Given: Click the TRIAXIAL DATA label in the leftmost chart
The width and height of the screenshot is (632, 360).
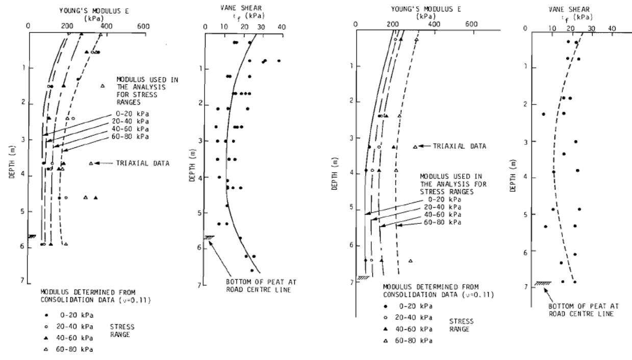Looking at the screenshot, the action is point(143,163).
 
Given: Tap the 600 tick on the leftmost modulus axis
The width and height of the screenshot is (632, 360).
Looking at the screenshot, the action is point(143,27).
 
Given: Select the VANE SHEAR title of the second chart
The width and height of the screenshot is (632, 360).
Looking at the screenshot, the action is point(241,8).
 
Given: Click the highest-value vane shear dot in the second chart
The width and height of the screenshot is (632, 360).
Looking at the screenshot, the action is point(279,61).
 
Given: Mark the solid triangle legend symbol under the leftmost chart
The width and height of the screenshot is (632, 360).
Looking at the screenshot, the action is point(46,338).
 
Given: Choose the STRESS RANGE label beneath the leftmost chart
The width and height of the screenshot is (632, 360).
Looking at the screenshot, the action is point(122,330).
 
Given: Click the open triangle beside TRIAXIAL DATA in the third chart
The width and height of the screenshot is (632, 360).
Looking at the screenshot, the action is point(415,147).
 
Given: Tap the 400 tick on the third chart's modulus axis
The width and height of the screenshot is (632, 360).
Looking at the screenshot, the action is point(434,24).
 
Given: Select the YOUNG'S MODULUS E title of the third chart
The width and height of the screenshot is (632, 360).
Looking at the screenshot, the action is point(426,9).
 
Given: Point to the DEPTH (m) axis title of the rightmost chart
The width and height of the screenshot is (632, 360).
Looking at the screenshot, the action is point(513,175).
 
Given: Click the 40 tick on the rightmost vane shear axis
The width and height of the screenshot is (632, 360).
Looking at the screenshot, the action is point(612,29).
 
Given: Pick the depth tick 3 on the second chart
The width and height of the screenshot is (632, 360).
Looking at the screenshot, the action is point(199,141).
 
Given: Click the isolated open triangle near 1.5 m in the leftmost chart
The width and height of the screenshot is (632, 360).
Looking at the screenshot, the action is point(103,86).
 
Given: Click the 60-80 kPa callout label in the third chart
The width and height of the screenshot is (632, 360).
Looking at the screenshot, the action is point(443,222).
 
